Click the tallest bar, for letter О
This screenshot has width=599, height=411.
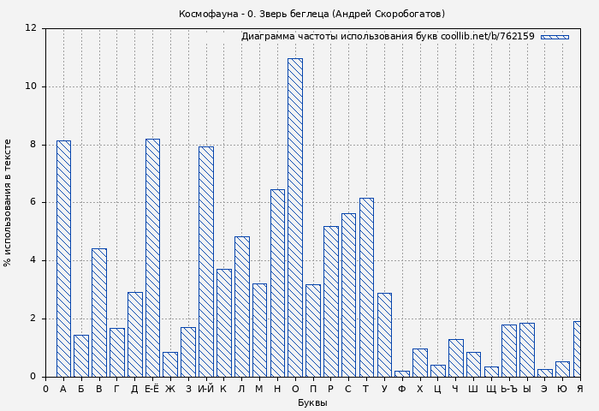(294, 217)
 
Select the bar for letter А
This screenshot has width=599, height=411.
(63, 259)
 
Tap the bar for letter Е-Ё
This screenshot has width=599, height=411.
(152, 258)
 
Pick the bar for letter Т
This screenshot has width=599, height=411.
(366, 287)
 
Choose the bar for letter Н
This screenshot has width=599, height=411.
(277, 283)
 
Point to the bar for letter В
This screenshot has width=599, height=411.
(99, 313)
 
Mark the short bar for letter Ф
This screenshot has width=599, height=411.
(402, 373)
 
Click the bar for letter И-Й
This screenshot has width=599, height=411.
(206, 261)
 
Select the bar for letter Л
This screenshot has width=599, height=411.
(241, 307)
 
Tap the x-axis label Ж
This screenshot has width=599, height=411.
(170, 390)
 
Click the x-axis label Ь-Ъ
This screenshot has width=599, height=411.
(508, 390)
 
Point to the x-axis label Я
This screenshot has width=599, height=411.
(579, 390)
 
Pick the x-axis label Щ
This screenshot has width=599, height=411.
(491, 390)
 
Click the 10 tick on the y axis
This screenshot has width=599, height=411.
(32, 86)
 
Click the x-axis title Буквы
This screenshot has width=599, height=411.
(312, 403)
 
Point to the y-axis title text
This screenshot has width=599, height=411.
(9, 203)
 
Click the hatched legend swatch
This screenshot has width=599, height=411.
(555, 37)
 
